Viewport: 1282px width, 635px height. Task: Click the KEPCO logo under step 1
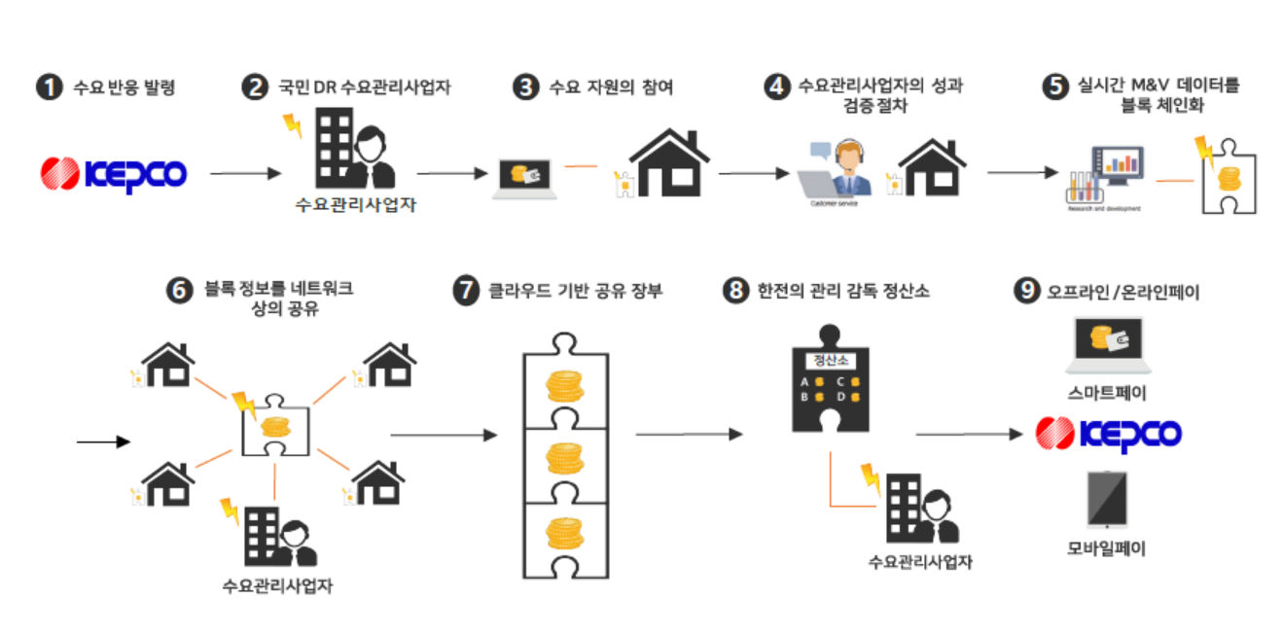[113, 174]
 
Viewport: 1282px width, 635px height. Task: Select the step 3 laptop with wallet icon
[524, 177]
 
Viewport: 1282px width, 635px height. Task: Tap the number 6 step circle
[179, 291]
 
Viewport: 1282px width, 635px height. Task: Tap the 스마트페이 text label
[1107, 393]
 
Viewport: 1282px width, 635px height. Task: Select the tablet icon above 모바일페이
[1107, 501]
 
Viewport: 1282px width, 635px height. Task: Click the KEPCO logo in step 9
[1108, 433]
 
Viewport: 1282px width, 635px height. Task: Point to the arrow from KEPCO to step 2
[244, 174]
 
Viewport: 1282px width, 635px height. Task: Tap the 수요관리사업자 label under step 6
[277, 586]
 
